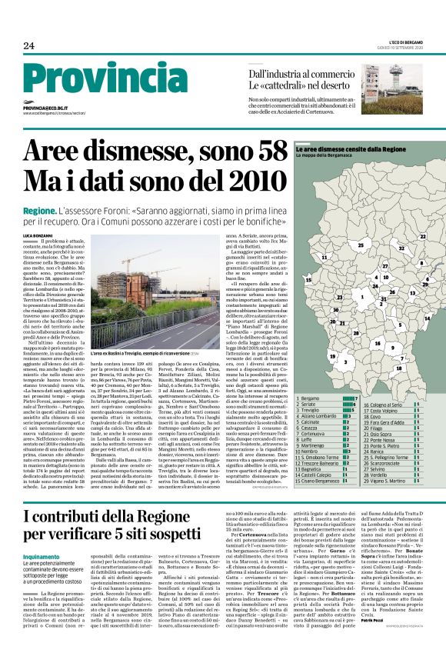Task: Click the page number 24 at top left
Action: [x=28, y=46]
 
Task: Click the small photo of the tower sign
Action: [x=398, y=78]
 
